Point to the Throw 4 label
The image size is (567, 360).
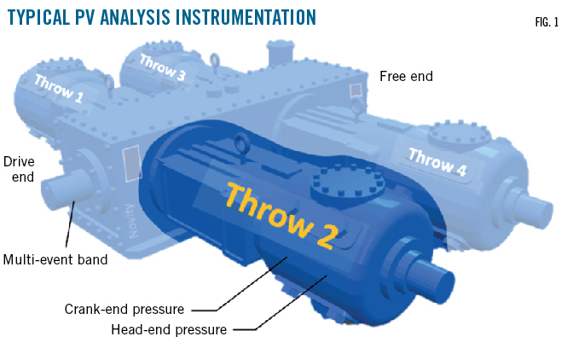click(437, 164)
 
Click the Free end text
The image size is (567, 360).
click(406, 77)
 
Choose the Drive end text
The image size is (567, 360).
click(19, 168)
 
